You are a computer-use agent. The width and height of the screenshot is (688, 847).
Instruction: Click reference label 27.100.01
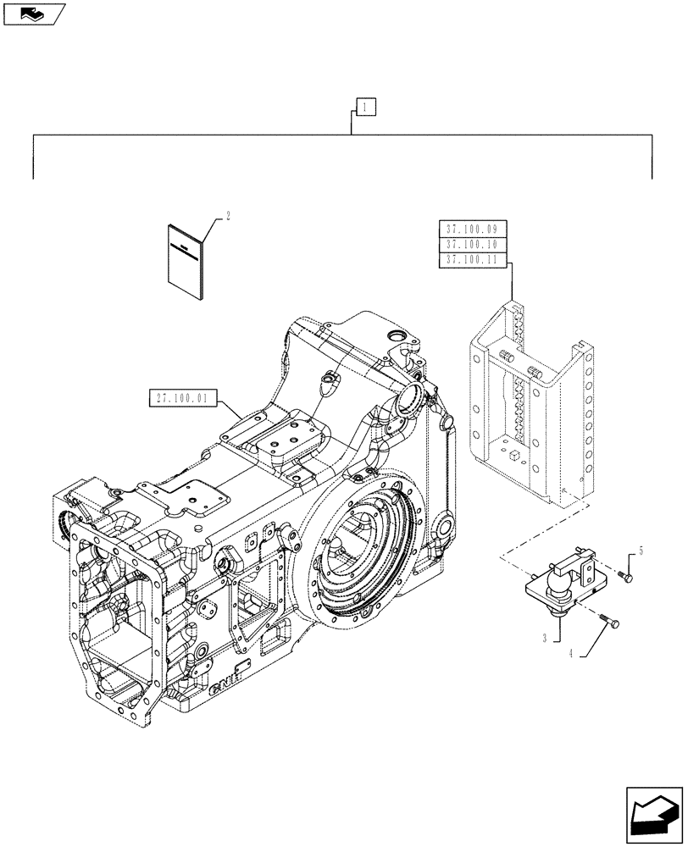pos(183,398)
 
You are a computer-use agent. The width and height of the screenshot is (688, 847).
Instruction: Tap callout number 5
pos(641,551)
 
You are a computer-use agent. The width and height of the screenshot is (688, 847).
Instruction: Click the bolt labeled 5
pos(625,577)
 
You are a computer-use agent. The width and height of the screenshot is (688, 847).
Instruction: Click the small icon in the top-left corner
pos(34,13)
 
